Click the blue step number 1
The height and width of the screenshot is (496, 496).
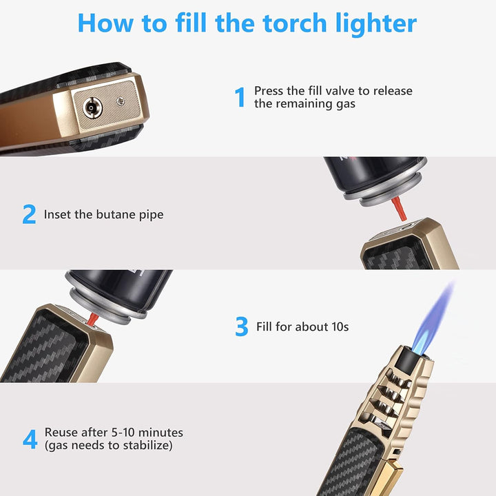tap(240, 98)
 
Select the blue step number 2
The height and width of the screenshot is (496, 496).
tap(29, 214)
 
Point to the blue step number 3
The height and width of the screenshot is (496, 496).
tap(241, 327)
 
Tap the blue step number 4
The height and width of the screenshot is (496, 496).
tap(30, 440)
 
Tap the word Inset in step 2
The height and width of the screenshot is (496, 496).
tap(58, 214)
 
